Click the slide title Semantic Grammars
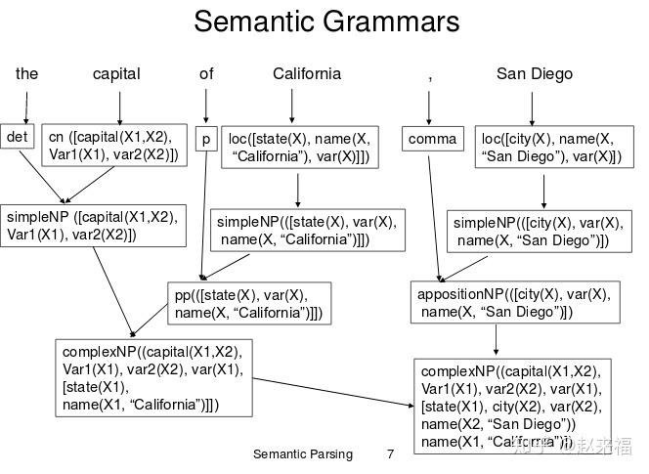coord(326,22)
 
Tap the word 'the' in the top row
coord(26,74)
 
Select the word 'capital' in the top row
coord(116,74)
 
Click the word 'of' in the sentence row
coord(206,74)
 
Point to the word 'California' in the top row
coord(307,74)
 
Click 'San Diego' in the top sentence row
coord(534,74)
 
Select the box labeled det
coord(18,138)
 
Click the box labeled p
coord(206,140)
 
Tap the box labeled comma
coord(432,140)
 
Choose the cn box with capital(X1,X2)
coord(114,146)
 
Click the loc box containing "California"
coord(299,148)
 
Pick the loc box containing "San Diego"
coord(548,148)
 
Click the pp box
coord(247,304)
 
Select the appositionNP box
coord(513,302)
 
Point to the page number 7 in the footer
coord(390,454)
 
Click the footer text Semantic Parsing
coord(302,454)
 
